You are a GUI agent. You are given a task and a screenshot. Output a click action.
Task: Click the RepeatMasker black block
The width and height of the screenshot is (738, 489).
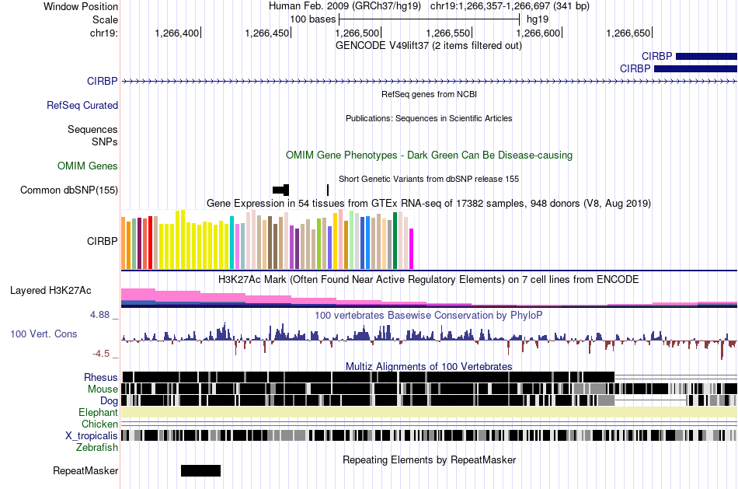[200, 470]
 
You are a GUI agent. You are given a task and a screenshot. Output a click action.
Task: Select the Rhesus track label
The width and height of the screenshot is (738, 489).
[101, 378]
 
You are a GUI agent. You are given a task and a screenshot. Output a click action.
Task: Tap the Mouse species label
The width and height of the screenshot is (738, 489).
[103, 389]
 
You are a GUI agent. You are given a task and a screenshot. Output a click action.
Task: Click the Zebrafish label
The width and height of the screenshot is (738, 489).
[97, 448]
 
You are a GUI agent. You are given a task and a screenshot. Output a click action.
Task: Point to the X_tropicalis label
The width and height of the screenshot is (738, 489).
[92, 436]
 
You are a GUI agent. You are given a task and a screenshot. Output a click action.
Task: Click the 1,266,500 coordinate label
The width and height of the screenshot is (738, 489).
[358, 33]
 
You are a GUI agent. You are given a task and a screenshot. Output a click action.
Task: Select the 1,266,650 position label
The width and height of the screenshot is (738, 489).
[628, 33]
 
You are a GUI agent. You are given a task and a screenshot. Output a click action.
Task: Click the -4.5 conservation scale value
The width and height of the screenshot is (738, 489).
[103, 354]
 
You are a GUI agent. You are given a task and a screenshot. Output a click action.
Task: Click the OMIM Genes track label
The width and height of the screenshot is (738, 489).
[88, 166]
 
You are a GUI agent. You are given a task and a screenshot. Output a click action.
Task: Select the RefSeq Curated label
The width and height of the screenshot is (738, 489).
[82, 106]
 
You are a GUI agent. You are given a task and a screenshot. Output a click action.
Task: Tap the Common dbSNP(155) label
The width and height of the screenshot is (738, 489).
[69, 190]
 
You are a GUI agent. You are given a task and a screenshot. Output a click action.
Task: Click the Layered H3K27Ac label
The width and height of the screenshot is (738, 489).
[50, 291]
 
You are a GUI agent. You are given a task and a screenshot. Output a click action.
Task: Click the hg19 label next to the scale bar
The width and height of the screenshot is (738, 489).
[538, 18]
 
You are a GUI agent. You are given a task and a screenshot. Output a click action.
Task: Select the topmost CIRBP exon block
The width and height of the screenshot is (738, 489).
[706, 56]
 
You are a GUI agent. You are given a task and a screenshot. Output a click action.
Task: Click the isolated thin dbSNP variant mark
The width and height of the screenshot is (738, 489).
[328, 190]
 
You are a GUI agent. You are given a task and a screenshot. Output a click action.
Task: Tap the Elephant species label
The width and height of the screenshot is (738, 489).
[98, 413]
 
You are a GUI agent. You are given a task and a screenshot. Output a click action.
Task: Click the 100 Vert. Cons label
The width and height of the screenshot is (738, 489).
[44, 334]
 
